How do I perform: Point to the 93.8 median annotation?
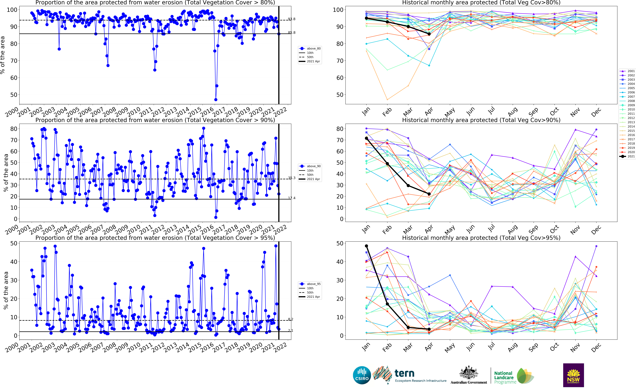292,19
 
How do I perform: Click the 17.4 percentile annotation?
292,198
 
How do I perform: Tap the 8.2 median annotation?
291,319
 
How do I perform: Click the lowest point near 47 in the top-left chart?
216,100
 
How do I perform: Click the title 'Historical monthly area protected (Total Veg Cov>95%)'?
481,238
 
